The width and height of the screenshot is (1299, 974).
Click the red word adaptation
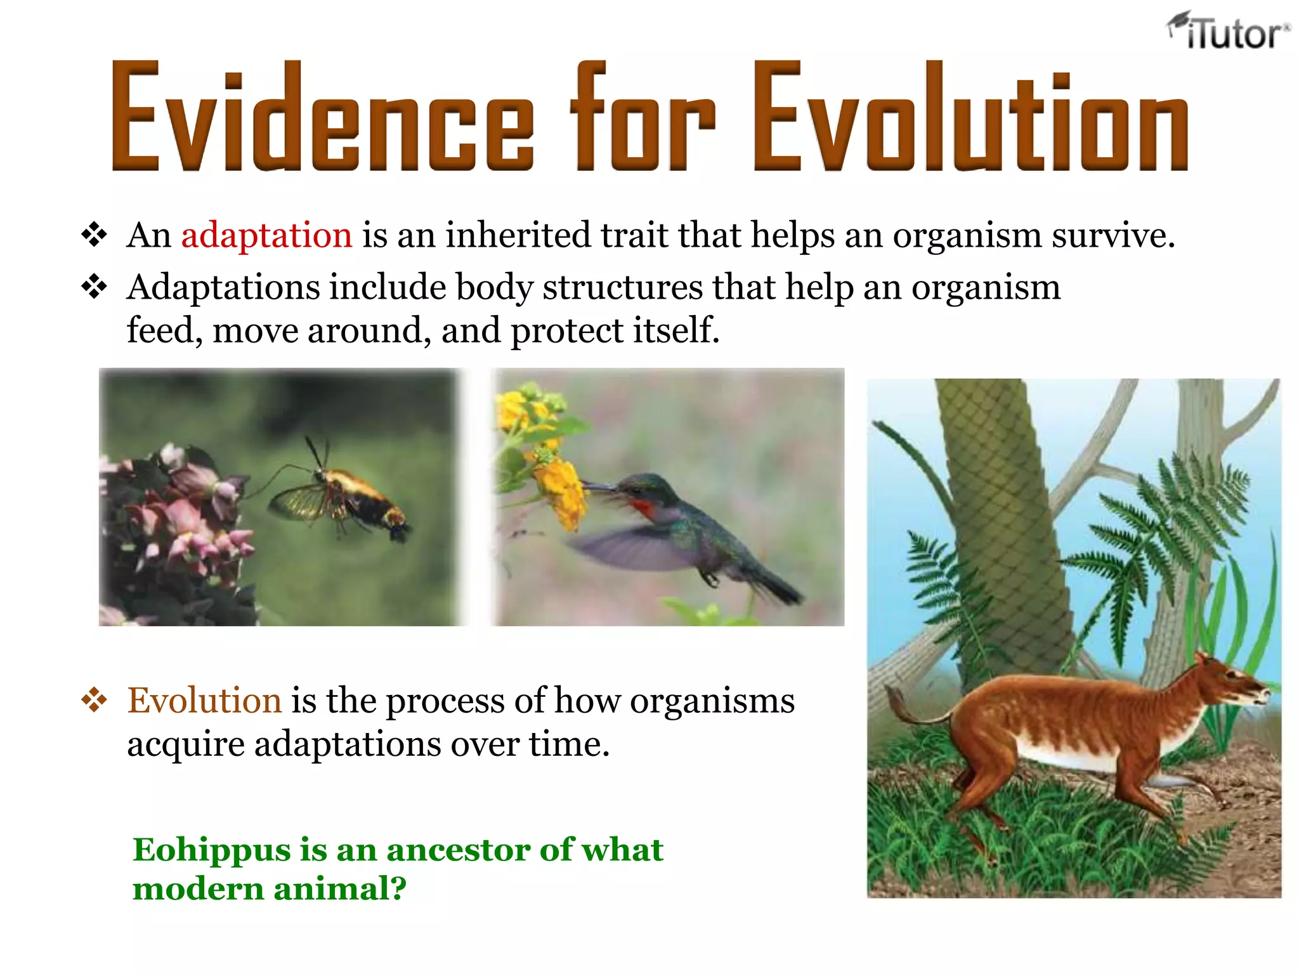266,235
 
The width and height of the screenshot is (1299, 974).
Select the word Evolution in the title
970,117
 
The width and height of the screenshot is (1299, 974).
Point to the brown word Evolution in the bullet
204,701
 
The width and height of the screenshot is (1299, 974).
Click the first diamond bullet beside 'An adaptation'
94,235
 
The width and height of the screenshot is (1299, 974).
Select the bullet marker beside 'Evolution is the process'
94,701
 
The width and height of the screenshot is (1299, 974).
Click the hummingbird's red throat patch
642,508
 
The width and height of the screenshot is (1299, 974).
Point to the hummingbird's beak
599,487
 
